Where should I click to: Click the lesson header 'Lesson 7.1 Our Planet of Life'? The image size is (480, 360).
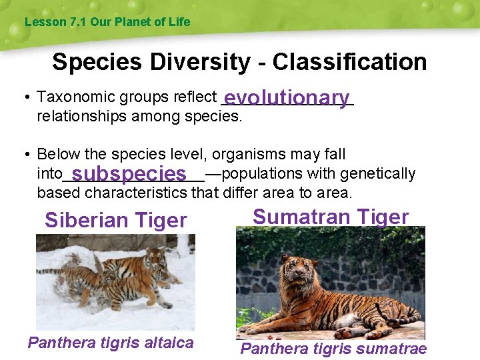(x=107, y=22)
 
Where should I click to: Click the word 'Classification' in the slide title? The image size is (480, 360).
(x=349, y=62)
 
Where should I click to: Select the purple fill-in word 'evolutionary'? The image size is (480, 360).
(x=287, y=98)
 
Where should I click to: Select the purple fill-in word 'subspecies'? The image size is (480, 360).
(x=129, y=175)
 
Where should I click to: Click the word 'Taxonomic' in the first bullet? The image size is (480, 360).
(x=69, y=97)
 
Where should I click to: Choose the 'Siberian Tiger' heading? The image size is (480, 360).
(x=115, y=220)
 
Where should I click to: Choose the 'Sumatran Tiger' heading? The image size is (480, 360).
(x=331, y=217)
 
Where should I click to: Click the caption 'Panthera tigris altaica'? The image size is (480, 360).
(x=111, y=343)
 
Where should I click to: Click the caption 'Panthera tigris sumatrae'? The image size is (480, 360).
(x=333, y=349)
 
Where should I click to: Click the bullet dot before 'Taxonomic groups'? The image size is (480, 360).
(x=25, y=98)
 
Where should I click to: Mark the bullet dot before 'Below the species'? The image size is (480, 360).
(x=25, y=155)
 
